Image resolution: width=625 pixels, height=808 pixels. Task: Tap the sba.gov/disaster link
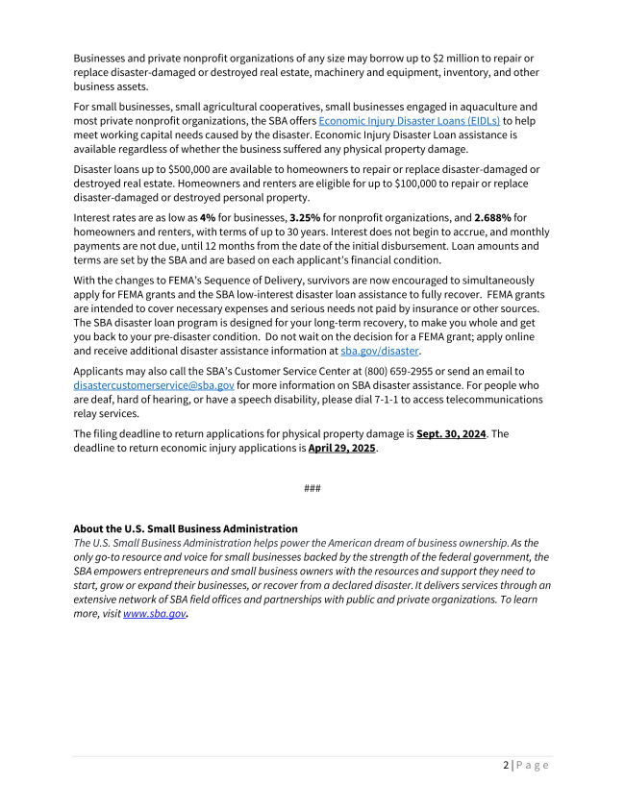[x=380, y=351]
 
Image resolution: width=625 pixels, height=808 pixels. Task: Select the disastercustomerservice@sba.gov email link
[x=154, y=385]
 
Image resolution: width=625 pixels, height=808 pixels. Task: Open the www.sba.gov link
[x=154, y=613]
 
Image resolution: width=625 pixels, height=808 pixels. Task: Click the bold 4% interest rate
[x=207, y=217]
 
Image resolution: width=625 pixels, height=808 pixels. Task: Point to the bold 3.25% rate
[x=305, y=217]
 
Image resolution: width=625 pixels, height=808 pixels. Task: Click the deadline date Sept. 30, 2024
[x=451, y=433]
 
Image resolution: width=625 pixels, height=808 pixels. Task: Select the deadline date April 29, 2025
[x=342, y=448]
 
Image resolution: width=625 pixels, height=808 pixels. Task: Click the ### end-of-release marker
[x=312, y=488]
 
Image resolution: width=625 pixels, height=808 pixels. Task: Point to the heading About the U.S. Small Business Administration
[x=186, y=528]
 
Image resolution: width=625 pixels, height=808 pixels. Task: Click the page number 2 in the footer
[x=506, y=765]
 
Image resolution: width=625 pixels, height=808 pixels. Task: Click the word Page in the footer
[x=533, y=765]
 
